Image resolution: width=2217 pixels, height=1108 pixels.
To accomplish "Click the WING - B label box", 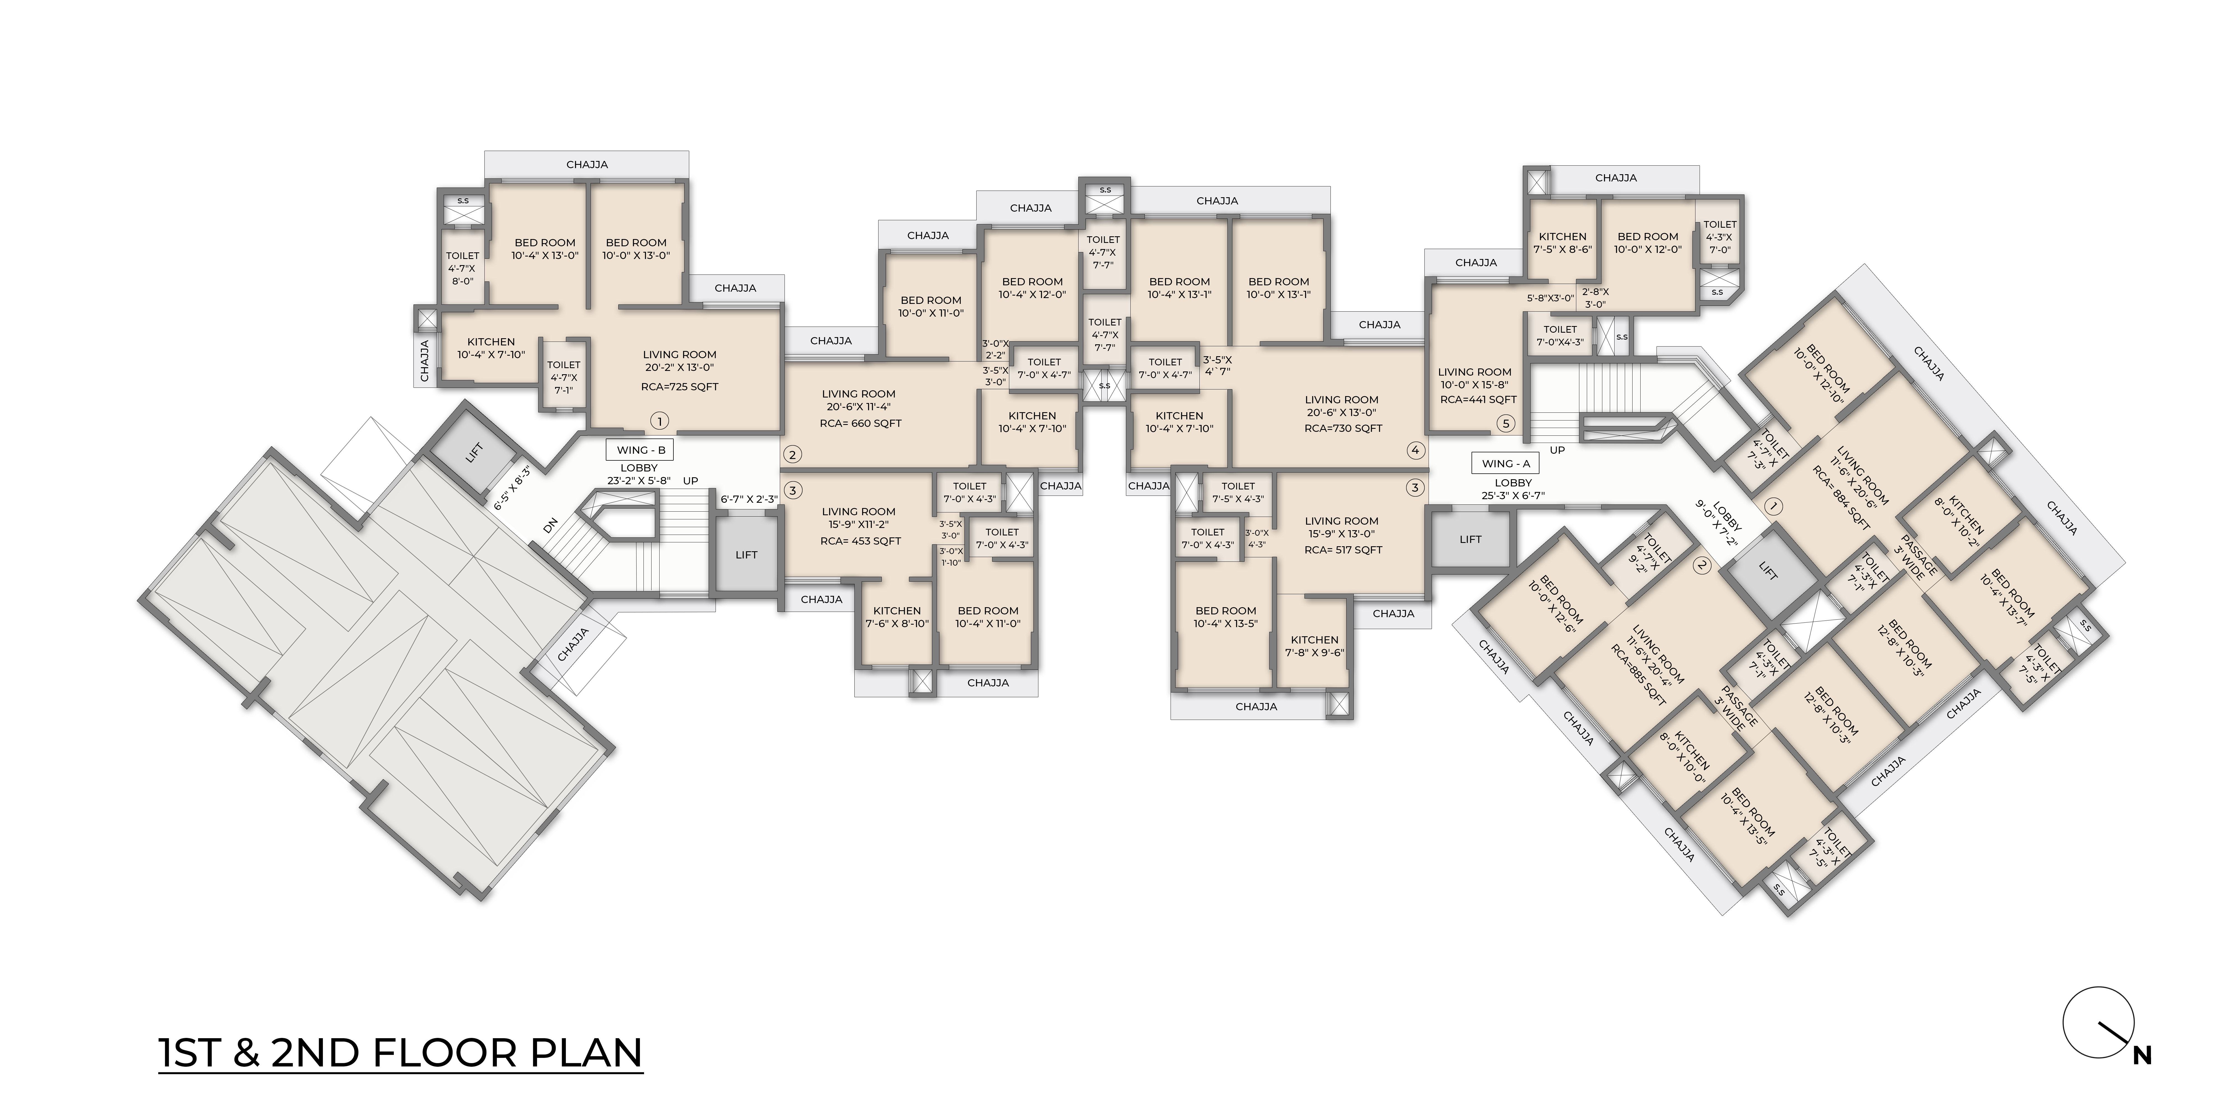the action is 640,450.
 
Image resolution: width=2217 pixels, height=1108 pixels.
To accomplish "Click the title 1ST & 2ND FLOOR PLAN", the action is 401,1053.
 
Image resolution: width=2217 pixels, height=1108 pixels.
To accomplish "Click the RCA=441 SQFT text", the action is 1478,399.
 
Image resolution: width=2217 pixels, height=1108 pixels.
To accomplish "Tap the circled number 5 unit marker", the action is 1505,423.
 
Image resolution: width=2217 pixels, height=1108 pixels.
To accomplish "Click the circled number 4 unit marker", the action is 1415,450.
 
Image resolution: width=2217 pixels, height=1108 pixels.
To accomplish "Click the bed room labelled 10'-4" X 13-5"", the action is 1225,617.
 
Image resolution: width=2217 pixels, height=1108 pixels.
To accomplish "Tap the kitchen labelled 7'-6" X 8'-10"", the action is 897,617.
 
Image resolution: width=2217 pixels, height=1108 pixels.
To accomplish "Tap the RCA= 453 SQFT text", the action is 861,541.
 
